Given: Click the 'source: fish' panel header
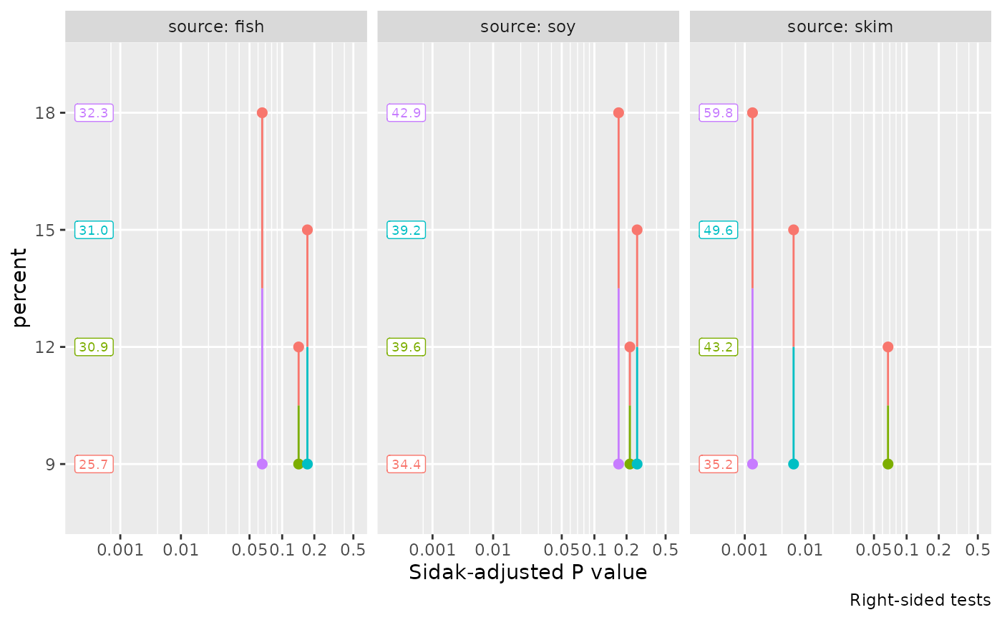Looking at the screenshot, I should point(216,27).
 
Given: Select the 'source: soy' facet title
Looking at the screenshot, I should point(528,27).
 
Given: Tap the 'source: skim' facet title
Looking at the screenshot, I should point(840,27).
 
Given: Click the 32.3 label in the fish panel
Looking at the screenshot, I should point(94,112).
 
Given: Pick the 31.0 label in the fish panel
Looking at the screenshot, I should point(94,230).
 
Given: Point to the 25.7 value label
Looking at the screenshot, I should point(94,464).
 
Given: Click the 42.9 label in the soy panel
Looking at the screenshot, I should point(406,112).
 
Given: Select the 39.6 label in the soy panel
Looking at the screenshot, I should point(406,347).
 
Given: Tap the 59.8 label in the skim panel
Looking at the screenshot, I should point(718,112).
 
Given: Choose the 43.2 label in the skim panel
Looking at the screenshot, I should point(718,347).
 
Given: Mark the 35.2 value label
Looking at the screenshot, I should point(718,464).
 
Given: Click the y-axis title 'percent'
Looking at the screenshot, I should point(21,288).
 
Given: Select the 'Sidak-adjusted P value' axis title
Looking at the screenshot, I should point(528,573).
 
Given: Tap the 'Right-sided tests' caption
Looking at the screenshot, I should point(920,600).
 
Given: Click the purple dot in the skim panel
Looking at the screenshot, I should point(752,464).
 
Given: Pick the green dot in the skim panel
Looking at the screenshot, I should point(887,464).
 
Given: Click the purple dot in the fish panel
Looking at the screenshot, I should point(262,464).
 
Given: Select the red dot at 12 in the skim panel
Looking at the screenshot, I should point(887,347).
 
